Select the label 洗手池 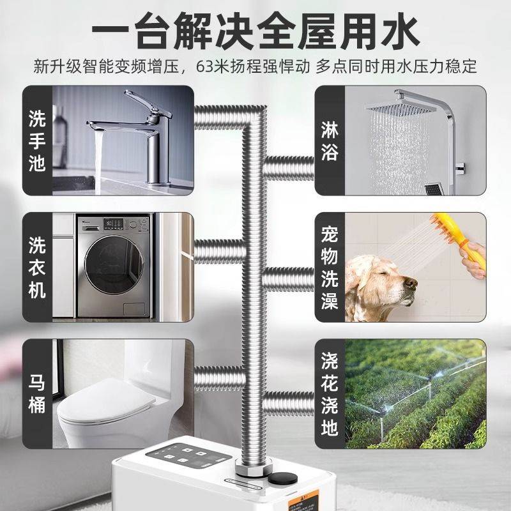(37, 141)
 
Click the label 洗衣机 (37, 268)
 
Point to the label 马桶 (37, 394)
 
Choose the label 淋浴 (330, 141)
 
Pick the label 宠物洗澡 (330, 268)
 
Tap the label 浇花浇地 (330, 394)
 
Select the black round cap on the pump (279, 479)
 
